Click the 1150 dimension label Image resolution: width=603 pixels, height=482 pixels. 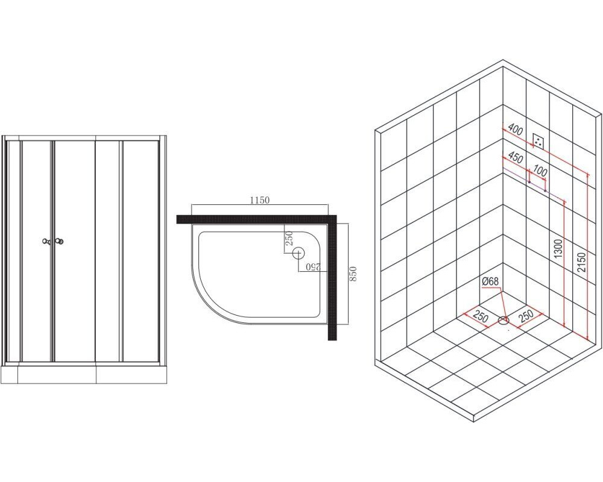click(259, 200)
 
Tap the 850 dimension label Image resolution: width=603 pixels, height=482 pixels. click(353, 274)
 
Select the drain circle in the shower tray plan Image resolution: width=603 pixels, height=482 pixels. click(298, 253)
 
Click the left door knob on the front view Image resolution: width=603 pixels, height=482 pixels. click(46, 242)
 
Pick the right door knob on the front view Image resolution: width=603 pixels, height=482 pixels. click(59, 242)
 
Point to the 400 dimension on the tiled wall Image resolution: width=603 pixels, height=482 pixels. click(516, 129)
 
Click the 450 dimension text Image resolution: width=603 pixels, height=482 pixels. click(516, 157)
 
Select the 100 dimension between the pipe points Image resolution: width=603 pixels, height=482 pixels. click(540, 171)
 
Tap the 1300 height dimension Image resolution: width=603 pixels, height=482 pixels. click(559, 248)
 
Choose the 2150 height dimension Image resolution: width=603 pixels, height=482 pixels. click(582, 262)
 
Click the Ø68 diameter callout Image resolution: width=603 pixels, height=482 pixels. click(490, 281)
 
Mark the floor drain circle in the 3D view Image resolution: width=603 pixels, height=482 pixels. click(504, 320)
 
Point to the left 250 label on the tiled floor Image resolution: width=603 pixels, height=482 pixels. click(481, 317)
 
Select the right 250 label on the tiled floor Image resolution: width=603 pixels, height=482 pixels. click(526, 316)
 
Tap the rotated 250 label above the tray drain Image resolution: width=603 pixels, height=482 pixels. click(289, 239)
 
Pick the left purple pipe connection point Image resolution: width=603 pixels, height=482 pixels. click(529, 182)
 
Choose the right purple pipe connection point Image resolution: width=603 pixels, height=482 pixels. click(545, 190)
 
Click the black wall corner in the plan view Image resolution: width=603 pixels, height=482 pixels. click(332, 219)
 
